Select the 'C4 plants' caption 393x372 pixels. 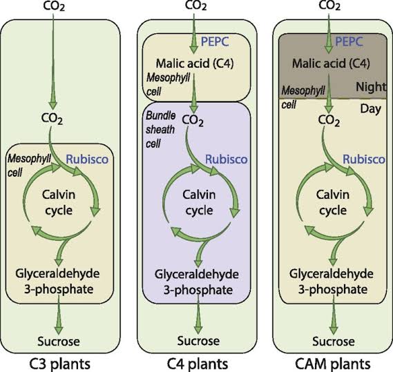pyautogui.click(x=197, y=362)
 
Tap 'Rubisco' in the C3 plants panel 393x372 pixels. pyautogui.click(x=86, y=159)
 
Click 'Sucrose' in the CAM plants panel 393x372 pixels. pyautogui.click(x=330, y=341)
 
